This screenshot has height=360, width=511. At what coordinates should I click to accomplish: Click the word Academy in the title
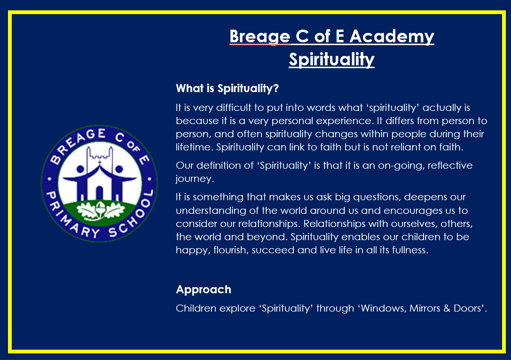pos(392,37)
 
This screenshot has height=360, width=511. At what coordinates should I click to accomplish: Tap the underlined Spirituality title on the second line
pos(331,60)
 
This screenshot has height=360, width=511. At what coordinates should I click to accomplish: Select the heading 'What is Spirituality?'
pos(227,88)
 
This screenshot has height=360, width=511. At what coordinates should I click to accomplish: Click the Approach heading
pos(204,290)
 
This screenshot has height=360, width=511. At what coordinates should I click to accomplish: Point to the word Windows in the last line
pos(383,308)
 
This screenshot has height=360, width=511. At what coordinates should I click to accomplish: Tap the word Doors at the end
pos(467,308)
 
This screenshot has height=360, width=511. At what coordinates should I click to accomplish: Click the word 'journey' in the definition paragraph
pos(194,179)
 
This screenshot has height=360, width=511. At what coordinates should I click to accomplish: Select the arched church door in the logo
pos(100,193)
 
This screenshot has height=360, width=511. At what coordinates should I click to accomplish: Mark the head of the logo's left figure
pos(80,169)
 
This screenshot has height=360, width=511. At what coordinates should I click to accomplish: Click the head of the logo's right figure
pos(119,169)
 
